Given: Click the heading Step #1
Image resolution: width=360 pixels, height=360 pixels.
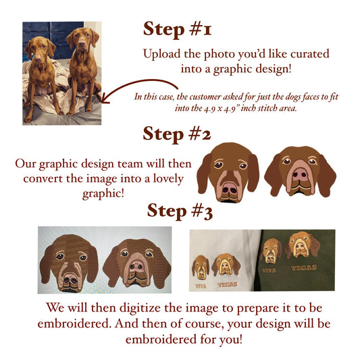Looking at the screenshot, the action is [x=177, y=29].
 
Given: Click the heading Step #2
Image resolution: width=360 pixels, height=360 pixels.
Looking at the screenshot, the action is [x=176, y=134].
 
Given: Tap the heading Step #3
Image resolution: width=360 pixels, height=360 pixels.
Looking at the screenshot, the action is [x=180, y=211].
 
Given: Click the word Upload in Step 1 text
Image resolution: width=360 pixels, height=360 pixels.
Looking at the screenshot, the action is [x=162, y=54].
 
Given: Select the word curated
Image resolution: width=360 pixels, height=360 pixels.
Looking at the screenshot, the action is [x=310, y=54].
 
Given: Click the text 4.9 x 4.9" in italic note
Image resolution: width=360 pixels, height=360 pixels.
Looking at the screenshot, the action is [x=221, y=108].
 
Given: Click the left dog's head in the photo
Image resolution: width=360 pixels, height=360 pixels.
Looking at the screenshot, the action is [x=39, y=49].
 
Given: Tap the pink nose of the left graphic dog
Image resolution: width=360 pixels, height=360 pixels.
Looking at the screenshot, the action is [x=230, y=188].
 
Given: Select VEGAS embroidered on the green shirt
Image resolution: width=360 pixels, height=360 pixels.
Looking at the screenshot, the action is [x=304, y=267].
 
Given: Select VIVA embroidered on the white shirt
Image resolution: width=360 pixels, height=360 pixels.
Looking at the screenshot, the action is [x=201, y=286].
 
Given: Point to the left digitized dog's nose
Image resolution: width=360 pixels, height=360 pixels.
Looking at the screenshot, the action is [x=71, y=280].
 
